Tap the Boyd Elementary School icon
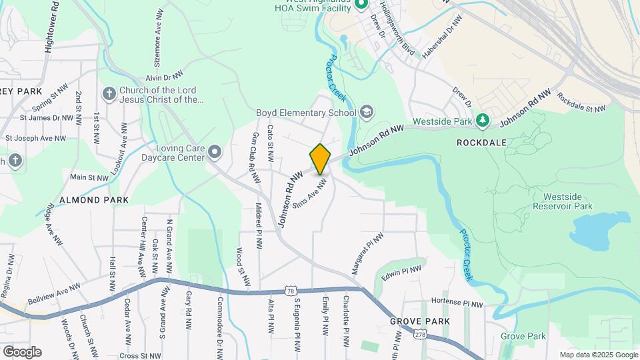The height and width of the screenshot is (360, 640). click(365, 113)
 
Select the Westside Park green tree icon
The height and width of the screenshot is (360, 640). click(483, 121)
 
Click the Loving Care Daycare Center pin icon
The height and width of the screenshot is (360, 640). click(214, 153)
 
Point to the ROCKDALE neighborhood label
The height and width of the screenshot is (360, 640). click(482, 143)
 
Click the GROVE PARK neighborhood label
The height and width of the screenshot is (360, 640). click(420, 321)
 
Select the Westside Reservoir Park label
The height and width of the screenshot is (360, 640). click(567, 201)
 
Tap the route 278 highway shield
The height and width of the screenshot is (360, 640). click(419, 333)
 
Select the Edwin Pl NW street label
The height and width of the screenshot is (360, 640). click(401, 274)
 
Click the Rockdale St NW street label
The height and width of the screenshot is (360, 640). click(581, 103)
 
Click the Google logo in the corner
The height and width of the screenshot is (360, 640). click(21, 351)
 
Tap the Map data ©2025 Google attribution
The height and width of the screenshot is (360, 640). click(598, 355)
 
